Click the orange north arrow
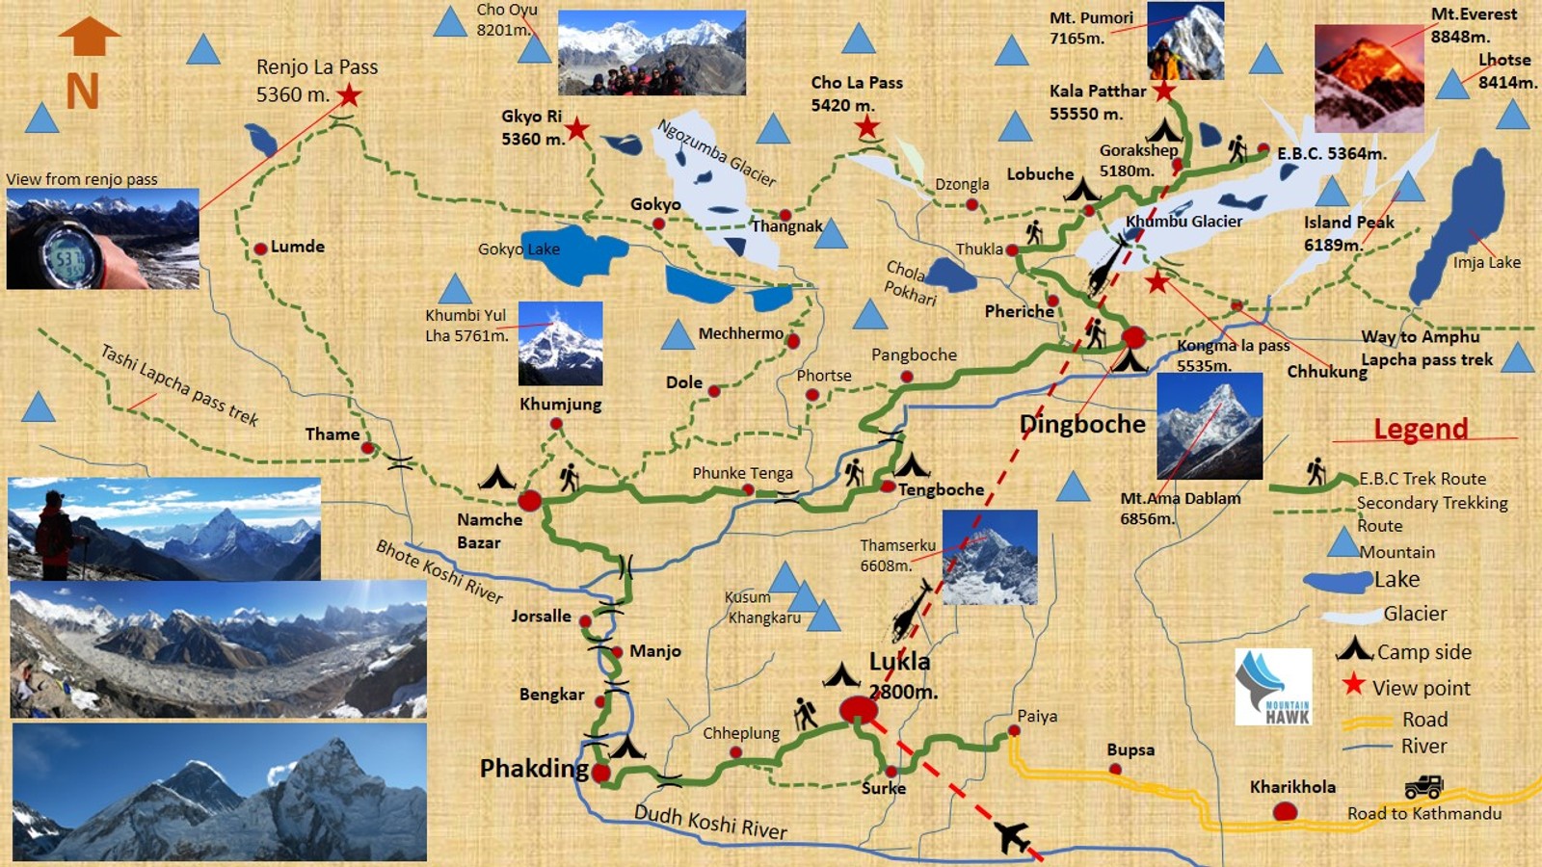tap(89, 37)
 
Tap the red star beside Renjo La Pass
tap(349, 95)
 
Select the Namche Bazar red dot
tap(529, 500)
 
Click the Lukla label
tap(899, 662)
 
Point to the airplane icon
tap(1012, 836)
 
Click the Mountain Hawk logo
tap(1273, 686)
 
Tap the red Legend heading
tap(1421, 429)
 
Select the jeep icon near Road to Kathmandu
tap(1422, 787)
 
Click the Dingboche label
tap(1082, 424)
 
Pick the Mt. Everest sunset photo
tap(1369, 78)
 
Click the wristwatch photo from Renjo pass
tap(102, 239)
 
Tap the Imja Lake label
tap(1486, 262)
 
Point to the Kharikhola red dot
tap(1285, 812)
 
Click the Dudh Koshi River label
tap(709, 822)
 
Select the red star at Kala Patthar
tap(1164, 92)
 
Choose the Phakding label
tap(534, 769)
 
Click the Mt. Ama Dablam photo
tap(1209, 426)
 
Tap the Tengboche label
tap(941, 489)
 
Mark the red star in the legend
tap(1353, 685)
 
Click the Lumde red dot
tap(260, 249)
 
